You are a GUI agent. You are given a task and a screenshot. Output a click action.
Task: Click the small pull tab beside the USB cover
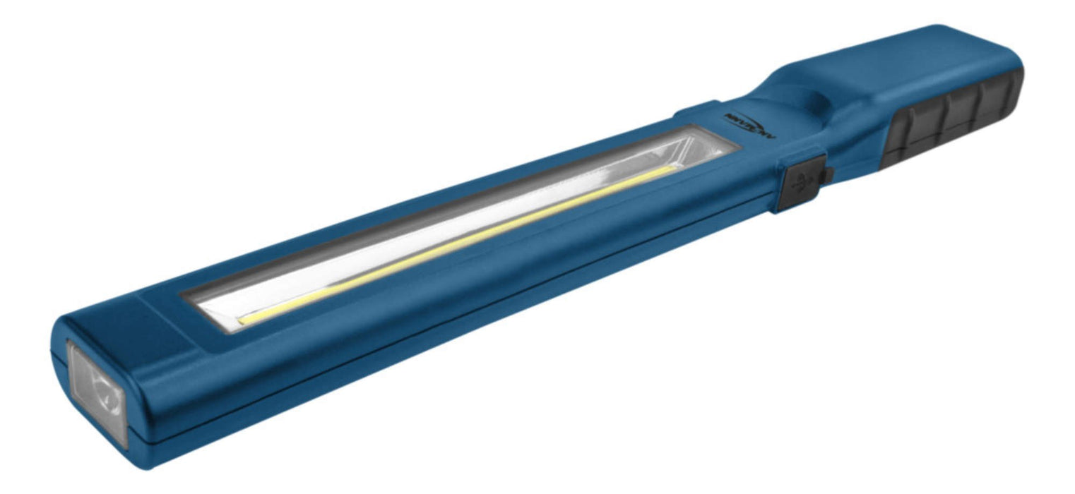tap(831, 174)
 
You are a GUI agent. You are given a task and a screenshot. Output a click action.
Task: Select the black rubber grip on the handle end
tap(950, 120)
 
